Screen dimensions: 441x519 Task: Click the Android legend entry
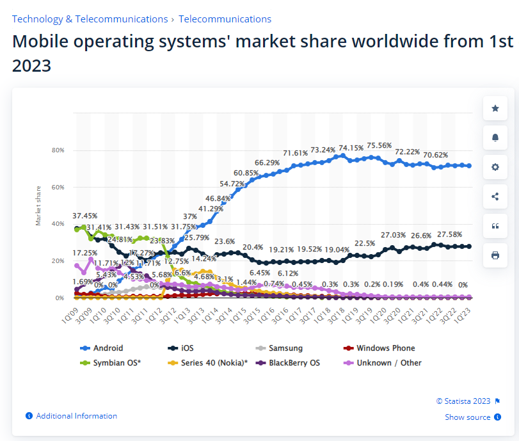click(107, 348)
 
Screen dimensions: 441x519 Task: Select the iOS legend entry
click(187, 348)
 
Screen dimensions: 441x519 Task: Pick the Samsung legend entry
click(285, 348)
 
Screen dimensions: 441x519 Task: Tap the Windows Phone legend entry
click(385, 348)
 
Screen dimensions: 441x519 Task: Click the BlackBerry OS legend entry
click(294, 363)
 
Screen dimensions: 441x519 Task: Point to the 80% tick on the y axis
click(58, 150)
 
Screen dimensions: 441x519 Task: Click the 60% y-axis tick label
click(58, 188)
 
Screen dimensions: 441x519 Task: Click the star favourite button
click(495, 109)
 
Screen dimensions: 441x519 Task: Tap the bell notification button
click(495, 138)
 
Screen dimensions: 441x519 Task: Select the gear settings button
click(495, 167)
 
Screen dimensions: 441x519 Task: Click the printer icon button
click(495, 255)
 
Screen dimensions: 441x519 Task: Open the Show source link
click(468, 417)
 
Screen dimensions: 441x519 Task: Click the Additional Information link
click(76, 416)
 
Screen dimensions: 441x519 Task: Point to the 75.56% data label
click(378, 146)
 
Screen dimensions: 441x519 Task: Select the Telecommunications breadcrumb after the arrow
click(225, 19)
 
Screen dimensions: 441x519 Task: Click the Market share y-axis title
click(38, 205)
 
